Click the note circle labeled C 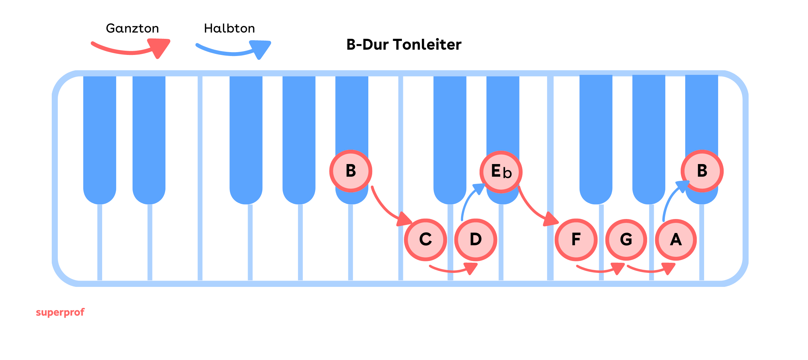coord(425,240)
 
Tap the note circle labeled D coord(475,240)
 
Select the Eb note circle coord(501,172)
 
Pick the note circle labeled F coord(576,240)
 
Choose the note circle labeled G coord(626,240)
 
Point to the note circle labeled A coord(676,240)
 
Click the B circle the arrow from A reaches coord(702,171)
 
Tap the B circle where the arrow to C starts coord(350,171)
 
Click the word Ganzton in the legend coord(132,28)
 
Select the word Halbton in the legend coord(229,28)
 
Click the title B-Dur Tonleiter coord(404,45)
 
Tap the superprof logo coord(60,312)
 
